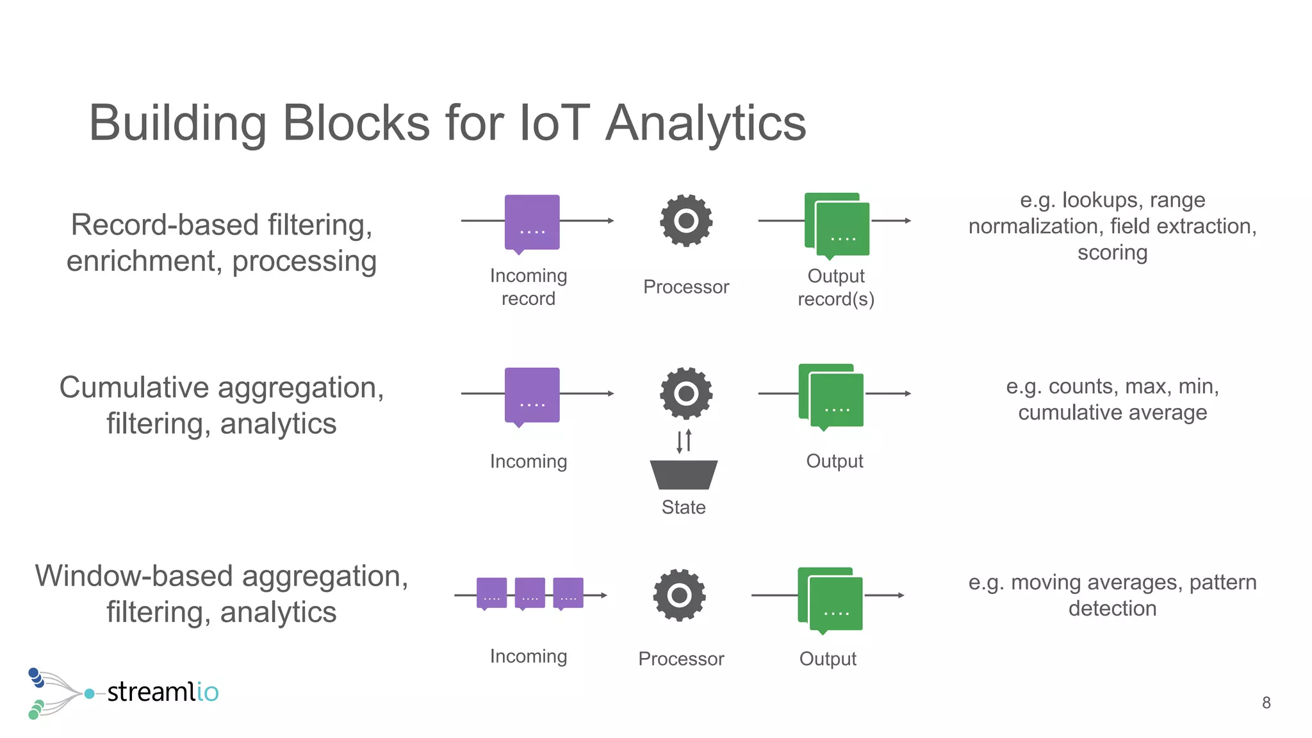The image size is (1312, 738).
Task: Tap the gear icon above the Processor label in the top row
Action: (x=686, y=220)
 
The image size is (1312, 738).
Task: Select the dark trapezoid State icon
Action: (x=684, y=475)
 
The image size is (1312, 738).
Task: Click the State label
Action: (x=684, y=507)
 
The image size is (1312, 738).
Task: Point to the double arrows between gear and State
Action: (x=684, y=441)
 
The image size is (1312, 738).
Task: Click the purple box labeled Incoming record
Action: (x=532, y=222)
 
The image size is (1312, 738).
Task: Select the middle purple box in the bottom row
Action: (x=530, y=593)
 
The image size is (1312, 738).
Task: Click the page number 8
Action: (x=1266, y=703)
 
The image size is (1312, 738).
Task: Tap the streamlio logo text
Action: (x=163, y=692)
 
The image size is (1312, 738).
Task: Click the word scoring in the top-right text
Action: (x=1112, y=252)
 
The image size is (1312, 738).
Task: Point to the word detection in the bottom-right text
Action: (x=1112, y=609)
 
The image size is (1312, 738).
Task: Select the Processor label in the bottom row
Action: (x=681, y=659)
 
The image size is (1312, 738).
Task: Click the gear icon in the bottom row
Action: (x=679, y=595)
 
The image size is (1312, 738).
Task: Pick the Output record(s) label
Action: (x=835, y=288)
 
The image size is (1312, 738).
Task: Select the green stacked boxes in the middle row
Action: (x=831, y=395)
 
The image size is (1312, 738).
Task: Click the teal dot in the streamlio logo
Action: (x=90, y=694)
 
